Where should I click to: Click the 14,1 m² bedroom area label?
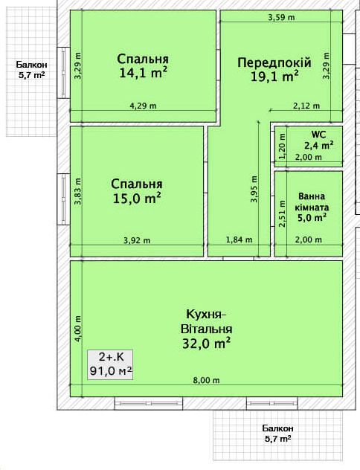143,73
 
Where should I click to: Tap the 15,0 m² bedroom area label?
137,198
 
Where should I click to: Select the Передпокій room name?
274,62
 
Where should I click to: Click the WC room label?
318,135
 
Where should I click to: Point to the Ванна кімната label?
312,202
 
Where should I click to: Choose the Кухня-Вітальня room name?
207,321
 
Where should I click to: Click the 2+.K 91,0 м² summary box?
110,365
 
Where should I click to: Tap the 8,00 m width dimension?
206,380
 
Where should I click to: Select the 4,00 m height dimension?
77,329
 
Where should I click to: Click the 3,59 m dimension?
281,17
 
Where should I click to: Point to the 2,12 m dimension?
306,106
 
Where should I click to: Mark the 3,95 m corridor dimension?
254,189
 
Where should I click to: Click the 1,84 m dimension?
239,239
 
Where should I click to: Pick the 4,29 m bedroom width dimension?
143,106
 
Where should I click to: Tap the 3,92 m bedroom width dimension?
137,240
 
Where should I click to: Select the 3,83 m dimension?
77,192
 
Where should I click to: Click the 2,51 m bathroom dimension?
283,213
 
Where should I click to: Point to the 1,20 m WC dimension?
283,147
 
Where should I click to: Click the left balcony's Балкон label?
32,65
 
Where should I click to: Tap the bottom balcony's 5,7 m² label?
278,439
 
